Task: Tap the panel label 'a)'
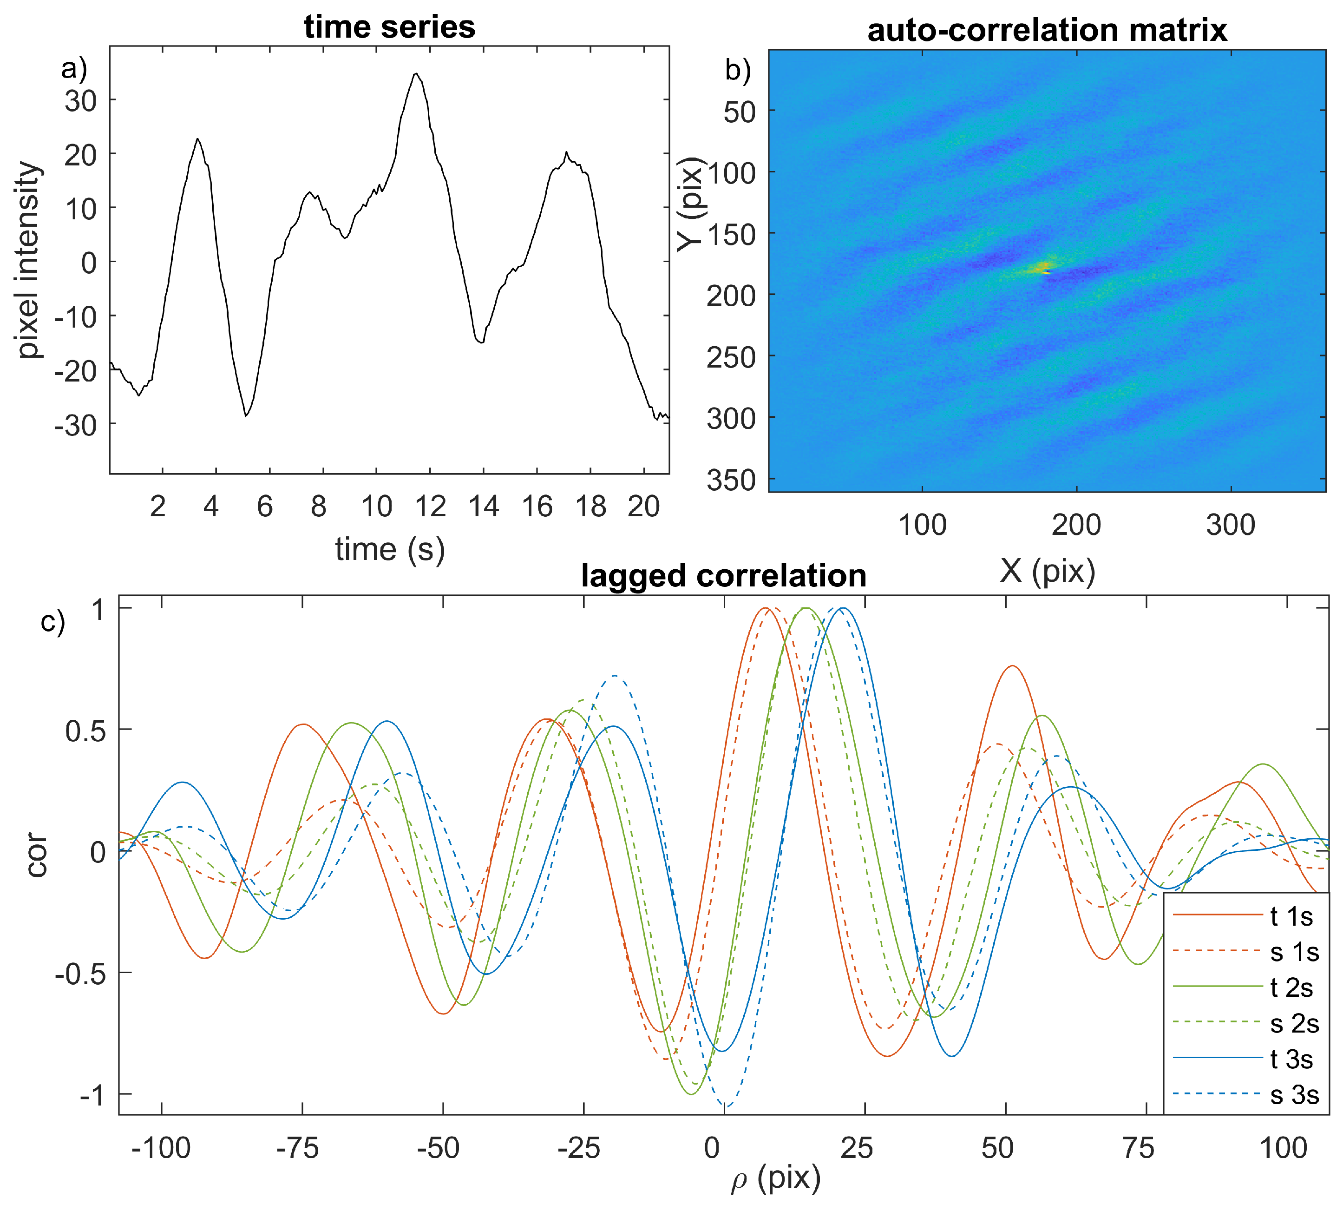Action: coord(74,68)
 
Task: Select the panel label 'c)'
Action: coord(52,622)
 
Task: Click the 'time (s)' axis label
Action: coord(389,550)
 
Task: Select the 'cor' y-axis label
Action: coord(37,855)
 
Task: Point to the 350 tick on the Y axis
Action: coord(731,480)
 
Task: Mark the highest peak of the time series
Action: coord(416,74)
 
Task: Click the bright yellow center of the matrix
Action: coord(1039,268)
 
